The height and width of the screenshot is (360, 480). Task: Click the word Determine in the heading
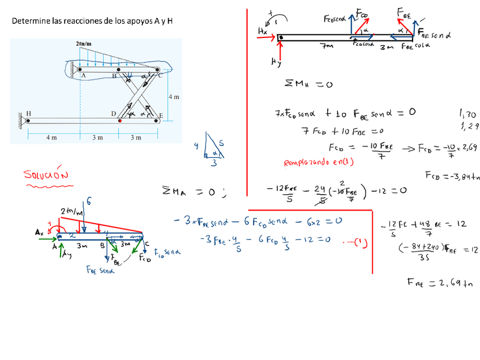[x=29, y=21]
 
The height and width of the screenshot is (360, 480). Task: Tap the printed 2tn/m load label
[x=83, y=44]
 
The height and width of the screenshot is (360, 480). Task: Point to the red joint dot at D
[x=119, y=120]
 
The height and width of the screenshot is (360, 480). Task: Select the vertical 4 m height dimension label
[x=174, y=97]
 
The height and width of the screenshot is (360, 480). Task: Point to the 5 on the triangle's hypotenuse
[x=221, y=144]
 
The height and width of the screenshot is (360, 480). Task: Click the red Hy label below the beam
[x=276, y=62]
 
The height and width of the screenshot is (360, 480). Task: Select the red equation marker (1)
[x=360, y=244]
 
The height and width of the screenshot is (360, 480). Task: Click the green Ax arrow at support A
[x=48, y=239]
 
